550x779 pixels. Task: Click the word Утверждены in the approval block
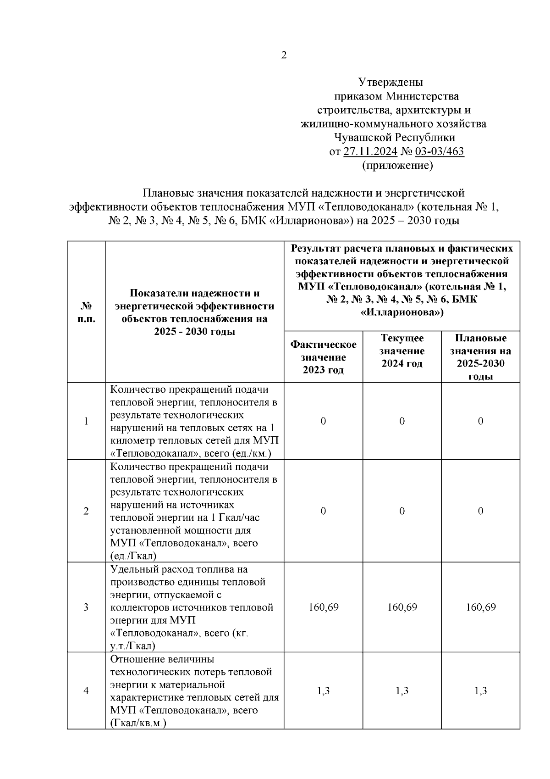coord(390,83)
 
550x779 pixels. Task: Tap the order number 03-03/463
coord(439,151)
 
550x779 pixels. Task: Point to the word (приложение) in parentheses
coord(397,165)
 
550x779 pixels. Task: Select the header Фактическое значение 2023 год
coord(323,356)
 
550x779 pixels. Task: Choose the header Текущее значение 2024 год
coord(402,351)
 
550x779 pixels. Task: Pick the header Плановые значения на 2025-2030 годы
coord(480,356)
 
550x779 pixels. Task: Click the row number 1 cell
coord(86,421)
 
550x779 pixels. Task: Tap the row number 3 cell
coord(86,607)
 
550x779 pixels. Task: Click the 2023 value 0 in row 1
coord(323,421)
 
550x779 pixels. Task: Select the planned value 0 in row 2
coord(480,511)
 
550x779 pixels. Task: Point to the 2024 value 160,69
coord(402,607)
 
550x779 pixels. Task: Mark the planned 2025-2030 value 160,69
coord(480,607)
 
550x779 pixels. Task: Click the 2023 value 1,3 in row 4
coord(323,690)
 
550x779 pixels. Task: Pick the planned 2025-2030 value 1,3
coord(480,690)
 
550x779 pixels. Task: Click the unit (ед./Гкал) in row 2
coord(133,556)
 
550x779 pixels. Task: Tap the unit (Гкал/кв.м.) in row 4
coord(138,723)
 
